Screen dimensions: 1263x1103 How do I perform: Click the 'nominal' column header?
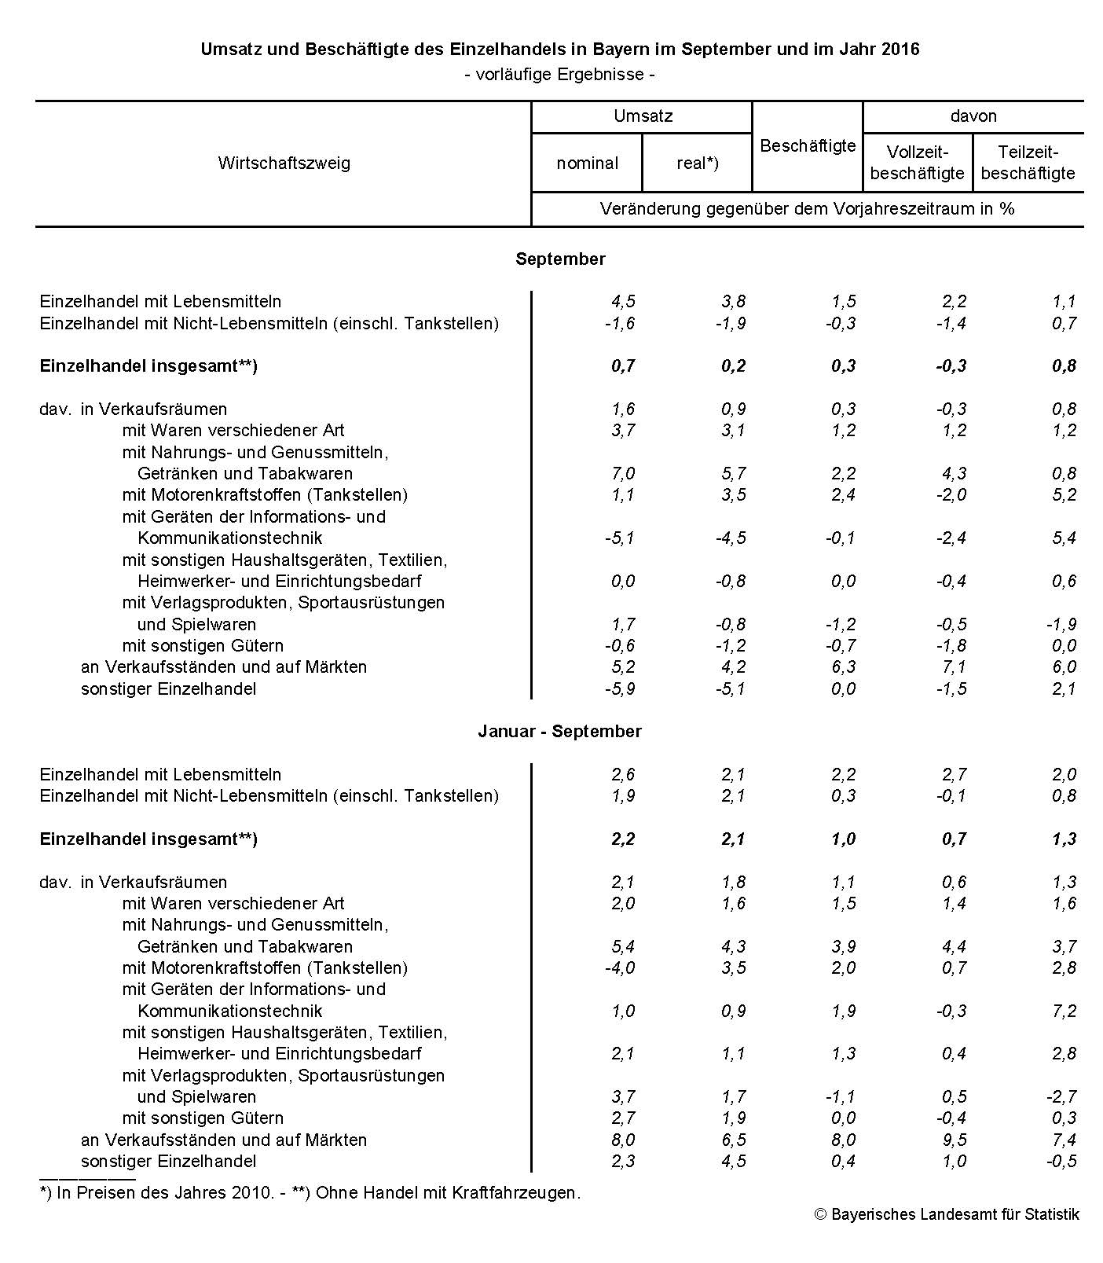click(x=587, y=163)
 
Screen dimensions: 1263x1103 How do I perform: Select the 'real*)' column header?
click(x=697, y=163)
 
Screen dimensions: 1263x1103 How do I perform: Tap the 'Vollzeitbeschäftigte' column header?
click(x=917, y=163)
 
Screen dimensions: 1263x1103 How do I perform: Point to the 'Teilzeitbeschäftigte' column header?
click(x=1028, y=163)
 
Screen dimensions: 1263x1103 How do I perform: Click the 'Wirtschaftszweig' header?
click(x=284, y=163)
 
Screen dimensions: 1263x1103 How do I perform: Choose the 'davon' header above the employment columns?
click(x=973, y=116)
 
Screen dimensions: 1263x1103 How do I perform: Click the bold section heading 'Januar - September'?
click(x=559, y=731)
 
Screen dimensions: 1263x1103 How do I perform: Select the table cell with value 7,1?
click(x=954, y=666)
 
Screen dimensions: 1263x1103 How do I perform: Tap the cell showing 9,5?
click(x=954, y=1140)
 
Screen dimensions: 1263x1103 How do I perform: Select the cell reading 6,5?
click(x=733, y=1140)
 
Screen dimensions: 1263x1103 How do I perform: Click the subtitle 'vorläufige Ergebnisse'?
click(x=559, y=75)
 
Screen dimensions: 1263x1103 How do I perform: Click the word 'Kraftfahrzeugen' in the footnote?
click(x=515, y=1192)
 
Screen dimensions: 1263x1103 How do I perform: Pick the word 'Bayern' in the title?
click(x=625, y=49)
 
